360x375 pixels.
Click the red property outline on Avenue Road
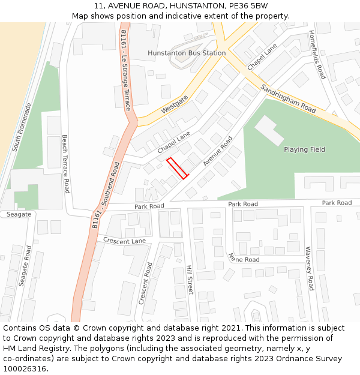point(177,168)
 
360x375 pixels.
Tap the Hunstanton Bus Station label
point(187,53)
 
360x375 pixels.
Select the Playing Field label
point(304,149)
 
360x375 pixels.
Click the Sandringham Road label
point(288,98)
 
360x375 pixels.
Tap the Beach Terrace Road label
point(65,164)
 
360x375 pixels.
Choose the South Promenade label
point(22,127)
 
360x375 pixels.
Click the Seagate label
point(18,214)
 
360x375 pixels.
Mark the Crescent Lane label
point(124,241)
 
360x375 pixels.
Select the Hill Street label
point(190,279)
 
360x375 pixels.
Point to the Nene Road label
point(244,258)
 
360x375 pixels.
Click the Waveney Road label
point(308,268)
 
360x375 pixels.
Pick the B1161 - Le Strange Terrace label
point(125,70)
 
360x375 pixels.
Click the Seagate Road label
point(24,265)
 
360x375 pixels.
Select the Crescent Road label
point(145,283)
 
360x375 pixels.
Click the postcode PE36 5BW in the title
point(249,5)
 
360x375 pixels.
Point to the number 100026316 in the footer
point(26,368)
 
